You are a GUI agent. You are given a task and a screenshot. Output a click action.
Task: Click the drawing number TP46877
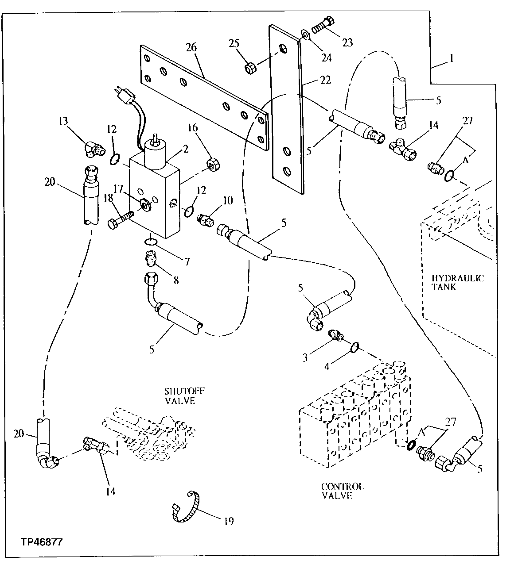coord(40,541)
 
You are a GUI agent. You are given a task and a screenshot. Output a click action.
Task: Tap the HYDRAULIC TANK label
coord(457,282)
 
